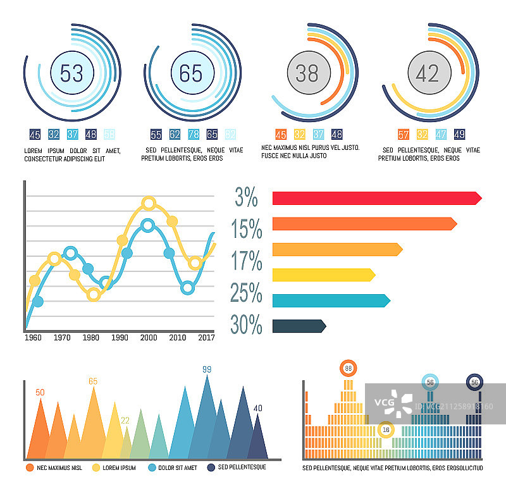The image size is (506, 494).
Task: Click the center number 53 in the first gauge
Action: (x=71, y=74)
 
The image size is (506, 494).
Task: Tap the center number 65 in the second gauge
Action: (x=190, y=73)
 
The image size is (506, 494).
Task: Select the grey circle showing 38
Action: (x=307, y=74)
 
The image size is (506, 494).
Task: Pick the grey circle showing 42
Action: (x=428, y=73)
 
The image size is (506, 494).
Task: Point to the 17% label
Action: (x=247, y=261)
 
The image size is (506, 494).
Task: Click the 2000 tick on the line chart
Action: (x=149, y=338)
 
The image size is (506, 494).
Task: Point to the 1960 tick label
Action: (x=33, y=338)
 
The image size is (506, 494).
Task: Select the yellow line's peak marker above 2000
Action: (x=149, y=203)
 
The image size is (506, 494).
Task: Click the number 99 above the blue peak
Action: (x=207, y=369)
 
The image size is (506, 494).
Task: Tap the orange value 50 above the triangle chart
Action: (x=40, y=393)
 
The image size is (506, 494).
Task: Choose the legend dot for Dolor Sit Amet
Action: (x=152, y=468)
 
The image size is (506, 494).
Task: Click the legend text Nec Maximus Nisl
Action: (x=59, y=468)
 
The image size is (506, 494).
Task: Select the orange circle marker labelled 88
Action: (x=348, y=368)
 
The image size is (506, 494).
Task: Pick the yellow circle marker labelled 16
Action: (x=386, y=429)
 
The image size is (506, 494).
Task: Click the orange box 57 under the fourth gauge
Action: (x=403, y=134)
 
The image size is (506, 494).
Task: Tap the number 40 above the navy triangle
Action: (x=257, y=409)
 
